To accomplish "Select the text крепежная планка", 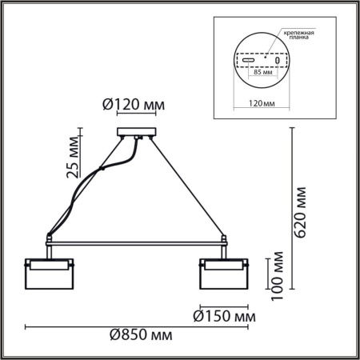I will coord(298,37).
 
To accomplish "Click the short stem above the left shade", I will coord(50,250).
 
